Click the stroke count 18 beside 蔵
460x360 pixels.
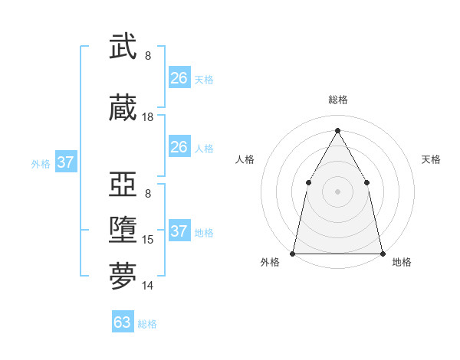148,117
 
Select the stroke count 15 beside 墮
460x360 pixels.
148,240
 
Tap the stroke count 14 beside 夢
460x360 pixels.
148,286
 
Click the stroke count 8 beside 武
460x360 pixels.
148,55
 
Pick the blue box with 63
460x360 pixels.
123,322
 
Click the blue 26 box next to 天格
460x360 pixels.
179,77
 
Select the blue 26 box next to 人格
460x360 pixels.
179,147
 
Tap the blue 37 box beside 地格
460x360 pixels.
179,231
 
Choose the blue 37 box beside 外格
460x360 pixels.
65,162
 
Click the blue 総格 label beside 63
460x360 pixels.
147,324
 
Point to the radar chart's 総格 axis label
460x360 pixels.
337,100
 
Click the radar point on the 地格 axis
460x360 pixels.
382,253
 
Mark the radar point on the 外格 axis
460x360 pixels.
293,253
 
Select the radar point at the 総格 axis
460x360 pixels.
337,130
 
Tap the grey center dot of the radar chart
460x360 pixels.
337,191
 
